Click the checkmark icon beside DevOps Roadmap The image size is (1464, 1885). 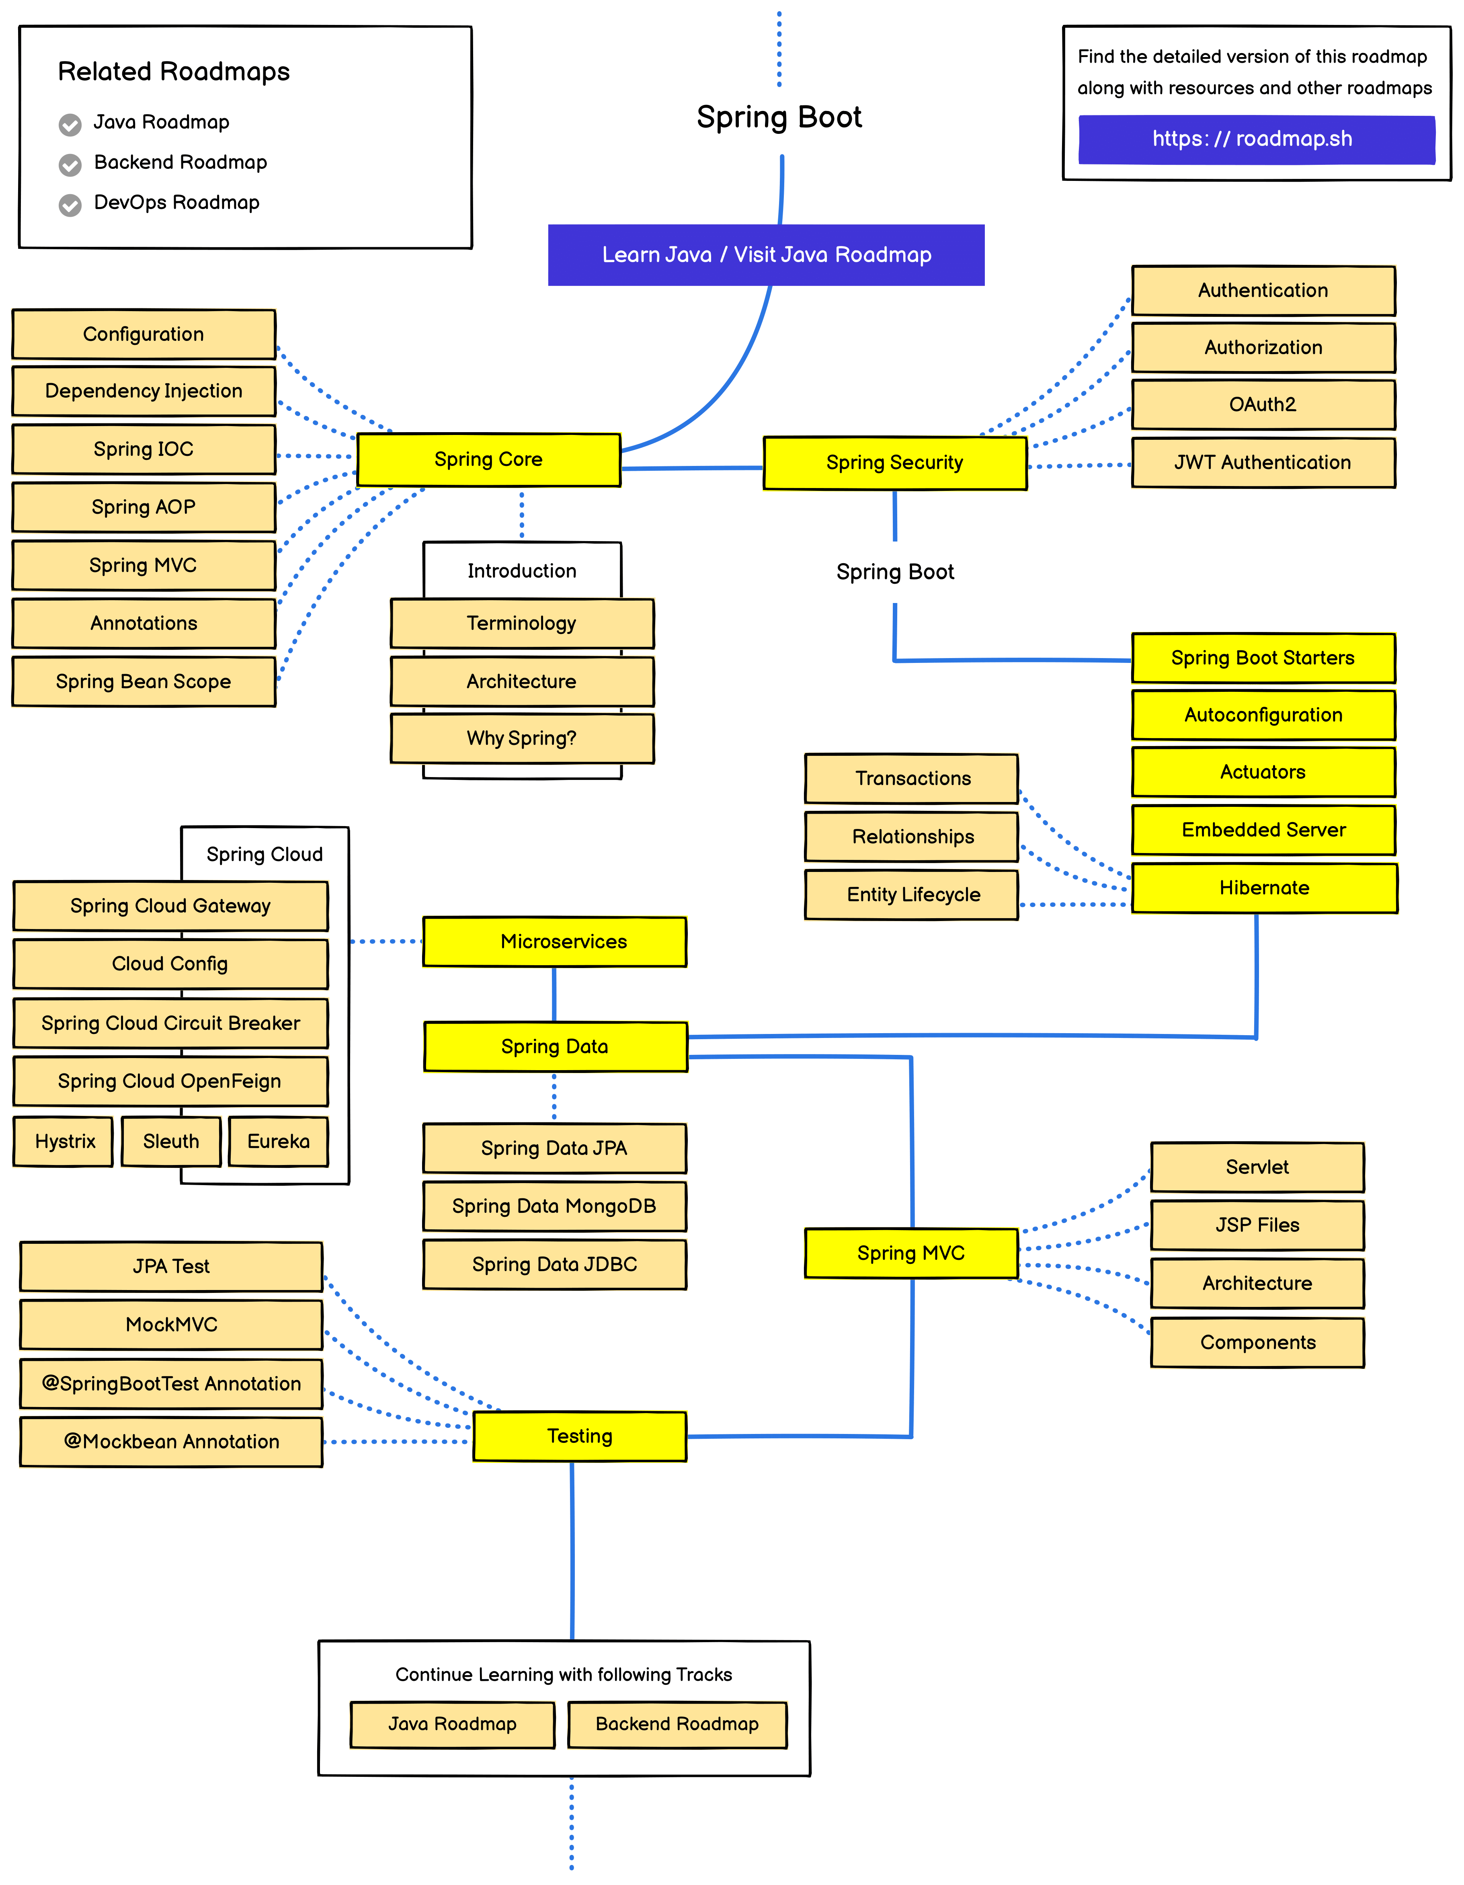pyautogui.click(x=70, y=205)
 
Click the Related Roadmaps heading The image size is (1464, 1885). pyautogui.click(x=174, y=72)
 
